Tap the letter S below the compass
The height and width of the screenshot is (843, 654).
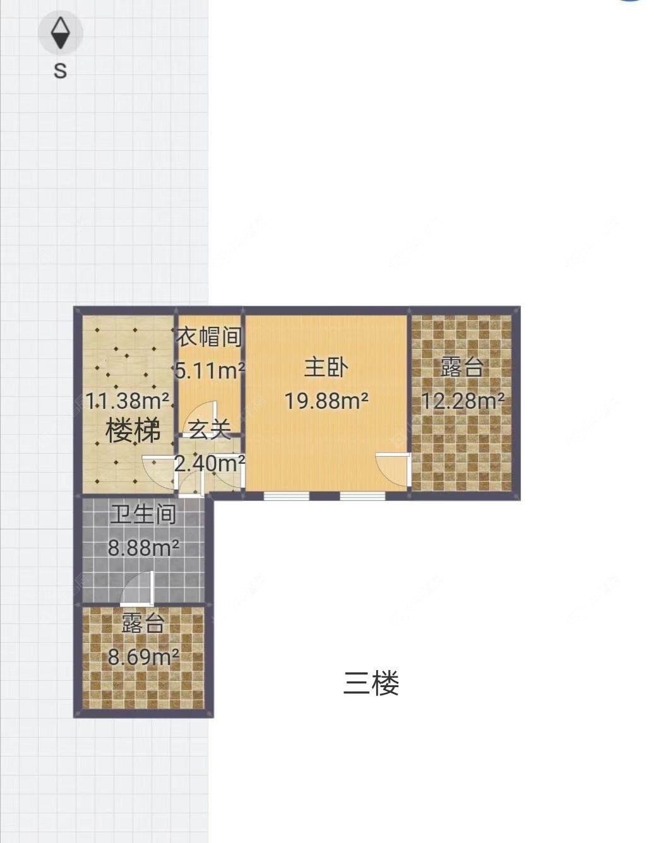(60, 70)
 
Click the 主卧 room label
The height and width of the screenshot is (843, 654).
(326, 367)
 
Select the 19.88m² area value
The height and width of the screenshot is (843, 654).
(326, 400)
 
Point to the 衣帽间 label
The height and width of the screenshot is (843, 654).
(210, 338)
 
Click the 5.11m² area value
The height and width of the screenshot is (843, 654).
(210, 370)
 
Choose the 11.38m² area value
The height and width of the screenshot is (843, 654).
(128, 400)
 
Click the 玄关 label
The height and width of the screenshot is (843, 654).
(209, 430)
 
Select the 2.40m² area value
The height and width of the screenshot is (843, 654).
(210, 464)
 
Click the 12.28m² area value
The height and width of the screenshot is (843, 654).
(462, 400)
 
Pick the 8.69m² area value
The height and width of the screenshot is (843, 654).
(143, 657)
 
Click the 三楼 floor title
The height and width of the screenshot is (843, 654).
(371, 683)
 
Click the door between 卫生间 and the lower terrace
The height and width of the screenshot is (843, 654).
(138, 588)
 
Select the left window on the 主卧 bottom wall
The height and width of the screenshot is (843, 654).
(286, 496)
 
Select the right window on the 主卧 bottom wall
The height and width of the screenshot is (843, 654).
(362, 496)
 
